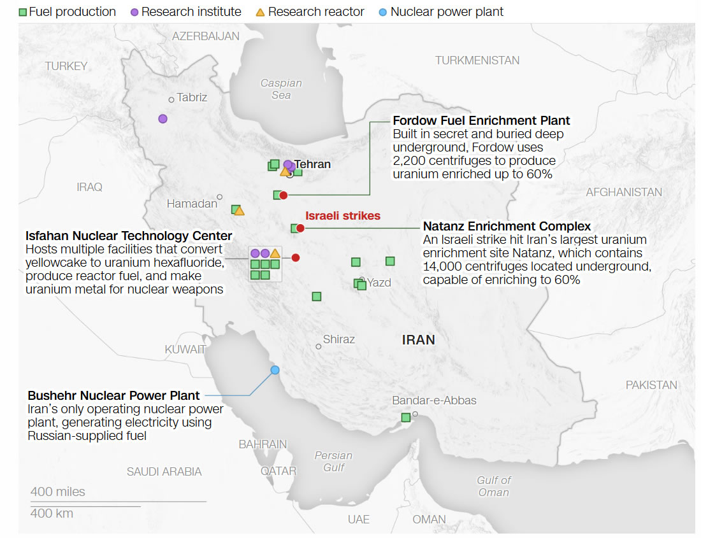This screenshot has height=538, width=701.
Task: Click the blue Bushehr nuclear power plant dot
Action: coord(275,370)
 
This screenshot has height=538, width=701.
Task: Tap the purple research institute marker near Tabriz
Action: coord(163,118)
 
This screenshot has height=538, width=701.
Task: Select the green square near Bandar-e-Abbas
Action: coord(405,418)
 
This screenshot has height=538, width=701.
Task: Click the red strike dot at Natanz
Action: coord(300,228)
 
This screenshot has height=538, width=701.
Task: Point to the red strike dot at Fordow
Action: coord(284,195)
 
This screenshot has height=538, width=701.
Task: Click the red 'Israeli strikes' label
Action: coord(342,216)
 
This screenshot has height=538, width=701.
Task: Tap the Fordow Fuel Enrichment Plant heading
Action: coord(481,121)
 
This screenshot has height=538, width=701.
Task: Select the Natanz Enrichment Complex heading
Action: coord(507,227)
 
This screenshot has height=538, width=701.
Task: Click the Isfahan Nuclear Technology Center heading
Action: coord(129,237)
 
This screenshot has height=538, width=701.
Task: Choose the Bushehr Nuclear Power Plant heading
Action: coord(113,395)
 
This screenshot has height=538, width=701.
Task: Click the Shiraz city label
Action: coord(338,339)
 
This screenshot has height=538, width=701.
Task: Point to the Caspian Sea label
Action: coord(281,89)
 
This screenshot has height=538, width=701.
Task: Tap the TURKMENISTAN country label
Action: coord(477,60)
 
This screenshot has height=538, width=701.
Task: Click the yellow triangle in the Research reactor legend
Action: coord(260,12)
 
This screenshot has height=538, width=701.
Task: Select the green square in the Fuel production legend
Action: coord(23,12)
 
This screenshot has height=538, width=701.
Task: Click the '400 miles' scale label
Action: coord(57,492)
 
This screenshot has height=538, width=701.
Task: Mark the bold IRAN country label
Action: coord(418,340)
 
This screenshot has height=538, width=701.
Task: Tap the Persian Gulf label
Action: coord(333,462)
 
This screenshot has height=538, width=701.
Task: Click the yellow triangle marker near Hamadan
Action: coord(239,211)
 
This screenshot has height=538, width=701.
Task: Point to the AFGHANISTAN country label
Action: coord(623,192)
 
